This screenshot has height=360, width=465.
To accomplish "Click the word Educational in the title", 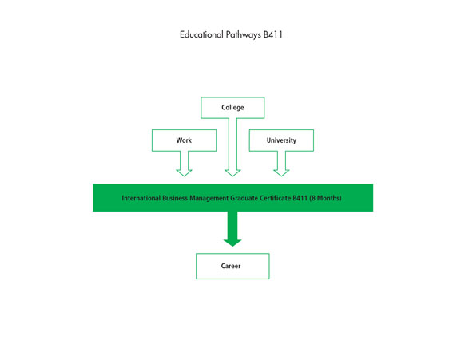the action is tap(201, 34).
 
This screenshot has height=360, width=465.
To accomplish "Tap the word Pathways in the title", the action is tap(243, 34).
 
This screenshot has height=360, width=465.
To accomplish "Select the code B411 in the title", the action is tap(272, 34).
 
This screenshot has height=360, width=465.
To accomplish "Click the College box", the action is tap(232, 108).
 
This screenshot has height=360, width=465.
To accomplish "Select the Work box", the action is tap(184, 140).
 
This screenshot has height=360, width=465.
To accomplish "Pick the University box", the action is tap(281, 140).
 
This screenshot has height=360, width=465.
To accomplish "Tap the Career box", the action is tap(232, 266).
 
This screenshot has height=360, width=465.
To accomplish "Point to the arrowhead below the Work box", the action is tap(184, 172).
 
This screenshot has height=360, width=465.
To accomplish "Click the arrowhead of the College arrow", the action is tap(232, 172).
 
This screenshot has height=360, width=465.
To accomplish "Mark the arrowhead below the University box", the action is tap(281, 172).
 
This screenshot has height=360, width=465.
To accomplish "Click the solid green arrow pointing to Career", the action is tap(232, 229).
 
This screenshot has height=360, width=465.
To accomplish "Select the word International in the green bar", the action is tap(141, 198).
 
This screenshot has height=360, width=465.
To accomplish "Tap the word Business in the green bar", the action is tap(175, 198).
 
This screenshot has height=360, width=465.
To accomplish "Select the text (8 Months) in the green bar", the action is tap(325, 198).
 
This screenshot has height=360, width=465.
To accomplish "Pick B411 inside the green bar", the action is tap(300, 198).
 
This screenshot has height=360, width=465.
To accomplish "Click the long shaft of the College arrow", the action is tap(232, 144).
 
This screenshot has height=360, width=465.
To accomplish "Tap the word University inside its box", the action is tap(281, 140).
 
